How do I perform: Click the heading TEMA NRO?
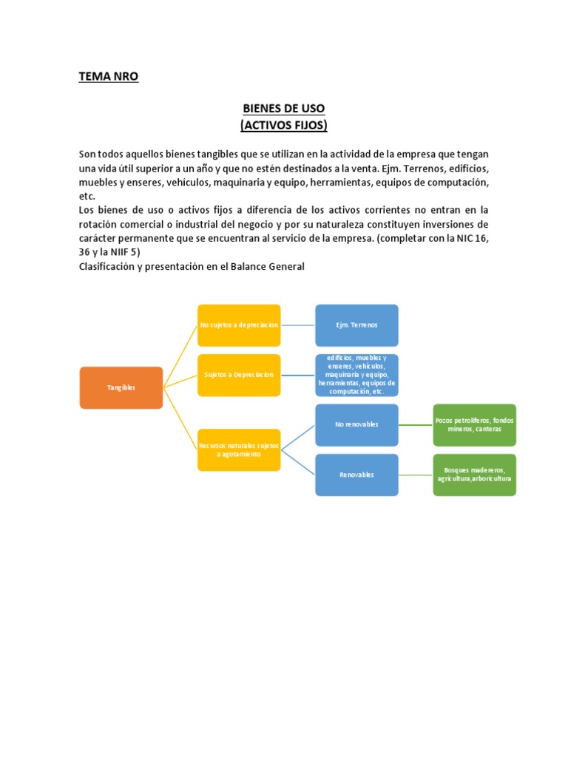pos(108,76)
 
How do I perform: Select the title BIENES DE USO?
pos(283,109)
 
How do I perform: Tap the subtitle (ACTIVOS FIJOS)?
pos(283,126)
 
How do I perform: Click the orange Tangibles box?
pos(121,387)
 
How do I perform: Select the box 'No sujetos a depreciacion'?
pos(239,325)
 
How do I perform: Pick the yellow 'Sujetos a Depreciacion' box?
pos(239,375)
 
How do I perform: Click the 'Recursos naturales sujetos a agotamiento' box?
pos(239,450)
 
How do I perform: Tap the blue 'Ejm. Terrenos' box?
pos(356,325)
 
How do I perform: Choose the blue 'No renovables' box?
pos(356,424)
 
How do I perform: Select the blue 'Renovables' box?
pos(356,475)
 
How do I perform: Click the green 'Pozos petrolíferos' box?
pos(474,424)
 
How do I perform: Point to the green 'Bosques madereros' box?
pos(474,475)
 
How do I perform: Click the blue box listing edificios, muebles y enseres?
pos(356,375)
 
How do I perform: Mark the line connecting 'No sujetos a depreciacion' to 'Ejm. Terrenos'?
pos(298,325)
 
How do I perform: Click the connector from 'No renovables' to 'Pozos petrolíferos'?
pos(416,424)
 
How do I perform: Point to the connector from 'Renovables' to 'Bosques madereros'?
pos(416,475)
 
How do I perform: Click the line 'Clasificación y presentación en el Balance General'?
pos(192,266)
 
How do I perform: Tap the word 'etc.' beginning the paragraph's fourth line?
pos(87,196)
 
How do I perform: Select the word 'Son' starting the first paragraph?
pos(88,154)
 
